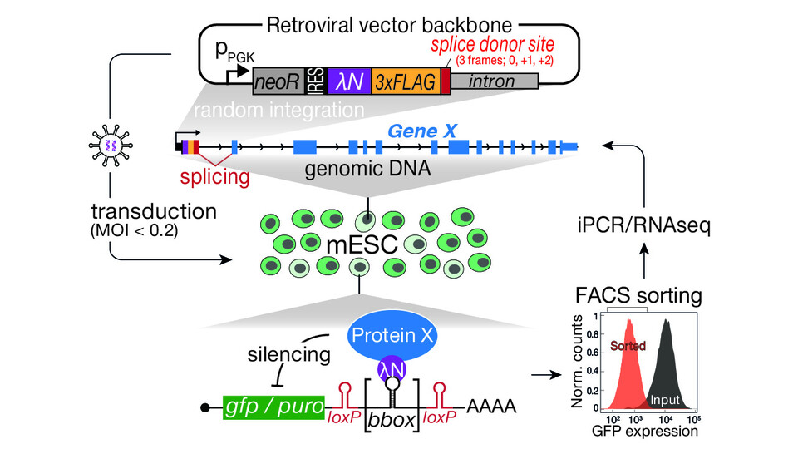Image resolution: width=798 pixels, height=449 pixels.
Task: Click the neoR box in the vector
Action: pos(281,81)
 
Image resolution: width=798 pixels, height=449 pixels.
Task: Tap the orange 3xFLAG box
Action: pos(404,81)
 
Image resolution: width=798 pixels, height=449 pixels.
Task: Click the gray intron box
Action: pos(493,81)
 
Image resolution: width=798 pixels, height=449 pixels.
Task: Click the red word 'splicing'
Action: pos(214,177)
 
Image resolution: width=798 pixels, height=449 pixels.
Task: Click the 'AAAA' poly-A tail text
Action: pos(491,407)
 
